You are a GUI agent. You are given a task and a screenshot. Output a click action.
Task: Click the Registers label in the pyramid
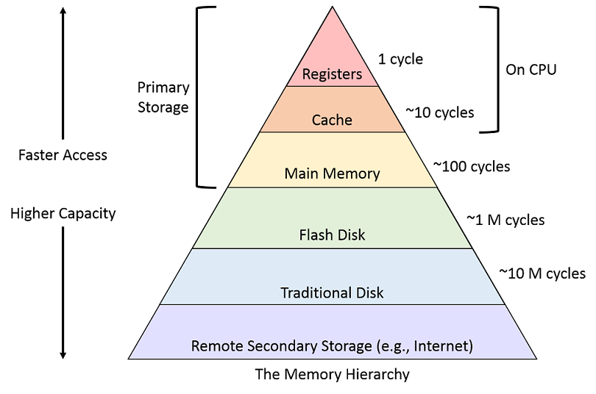(x=332, y=74)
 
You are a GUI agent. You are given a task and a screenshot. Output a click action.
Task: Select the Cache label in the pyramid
(x=332, y=120)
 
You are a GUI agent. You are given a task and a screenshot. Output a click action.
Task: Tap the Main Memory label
(x=332, y=174)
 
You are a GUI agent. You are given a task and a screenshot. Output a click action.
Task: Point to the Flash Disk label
(x=332, y=235)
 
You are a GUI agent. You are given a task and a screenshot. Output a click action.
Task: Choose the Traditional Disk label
(x=332, y=293)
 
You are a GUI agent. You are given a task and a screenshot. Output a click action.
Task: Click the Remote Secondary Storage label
(x=332, y=345)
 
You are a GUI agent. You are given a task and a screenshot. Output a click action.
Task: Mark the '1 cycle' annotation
(x=400, y=59)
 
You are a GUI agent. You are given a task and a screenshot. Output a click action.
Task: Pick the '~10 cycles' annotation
(x=440, y=112)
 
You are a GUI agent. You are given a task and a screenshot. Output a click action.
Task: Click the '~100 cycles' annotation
(x=471, y=167)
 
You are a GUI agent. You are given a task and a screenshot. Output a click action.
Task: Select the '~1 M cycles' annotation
(x=505, y=220)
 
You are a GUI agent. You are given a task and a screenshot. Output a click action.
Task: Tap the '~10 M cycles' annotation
(x=542, y=273)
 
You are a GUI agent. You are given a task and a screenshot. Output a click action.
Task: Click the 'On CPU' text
(x=531, y=70)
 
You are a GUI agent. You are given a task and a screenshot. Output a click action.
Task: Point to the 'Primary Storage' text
(x=163, y=97)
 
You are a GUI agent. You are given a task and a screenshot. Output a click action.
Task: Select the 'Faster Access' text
(x=63, y=155)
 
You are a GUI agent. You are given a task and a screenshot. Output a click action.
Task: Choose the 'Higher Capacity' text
(x=63, y=214)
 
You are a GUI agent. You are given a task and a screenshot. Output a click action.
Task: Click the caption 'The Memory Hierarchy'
(x=332, y=374)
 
